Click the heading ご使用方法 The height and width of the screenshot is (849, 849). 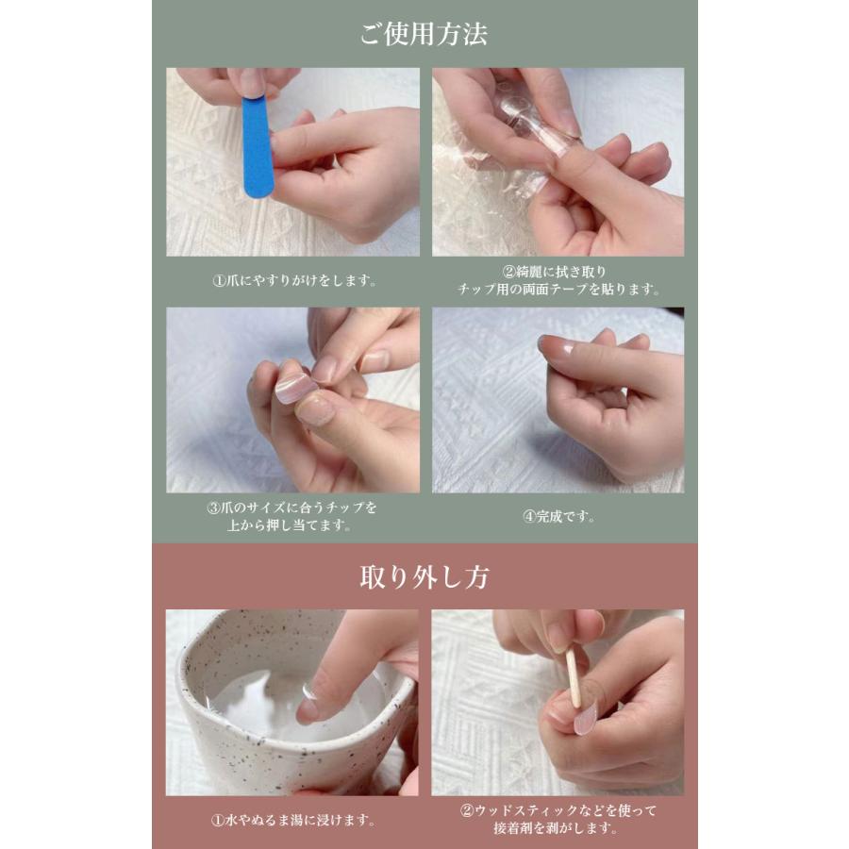pyautogui.click(x=424, y=34)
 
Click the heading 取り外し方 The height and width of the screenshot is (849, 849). pyautogui.click(x=424, y=577)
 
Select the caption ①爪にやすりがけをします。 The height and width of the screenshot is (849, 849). pyautogui.click(x=294, y=280)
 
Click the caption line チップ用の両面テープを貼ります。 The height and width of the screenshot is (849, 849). pyautogui.click(x=558, y=290)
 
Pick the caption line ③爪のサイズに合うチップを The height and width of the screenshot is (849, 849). pyautogui.click(x=291, y=508)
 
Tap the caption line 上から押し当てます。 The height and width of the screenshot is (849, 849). pyautogui.click(x=290, y=525)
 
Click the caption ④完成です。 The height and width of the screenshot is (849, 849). pyautogui.click(x=558, y=517)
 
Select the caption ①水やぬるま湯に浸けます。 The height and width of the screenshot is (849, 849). pyautogui.click(x=293, y=821)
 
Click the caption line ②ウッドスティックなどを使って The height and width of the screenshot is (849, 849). pyautogui.click(x=558, y=810)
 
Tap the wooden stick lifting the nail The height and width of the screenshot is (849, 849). pyautogui.click(x=573, y=678)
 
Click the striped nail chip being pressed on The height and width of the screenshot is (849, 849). pyautogui.click(x=295, y=389)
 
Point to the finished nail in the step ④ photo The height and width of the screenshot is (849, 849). pyautogui.click(x=555, y=346)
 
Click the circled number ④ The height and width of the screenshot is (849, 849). pyautogui.click(x=529, y=517)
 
